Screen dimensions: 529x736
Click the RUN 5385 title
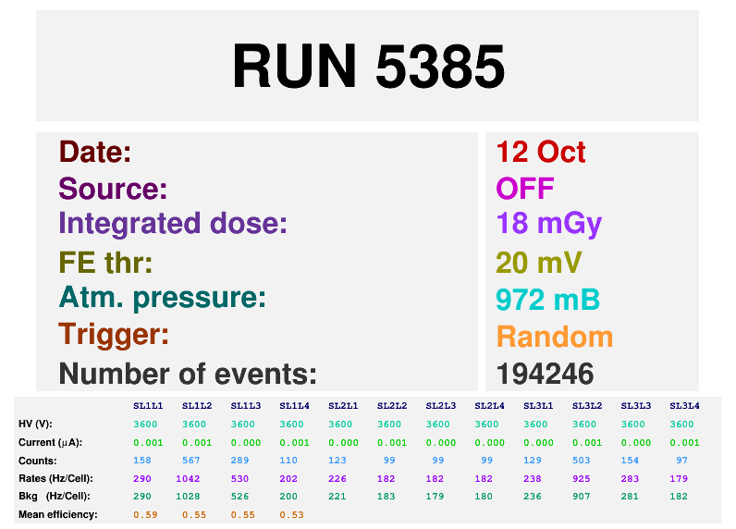[368, 67]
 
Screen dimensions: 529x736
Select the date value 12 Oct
[541, 152]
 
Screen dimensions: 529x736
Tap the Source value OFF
[524, 189]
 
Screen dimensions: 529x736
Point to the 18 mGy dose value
[548, 224]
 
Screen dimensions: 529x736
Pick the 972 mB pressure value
[547, 299]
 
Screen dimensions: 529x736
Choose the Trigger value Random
[554, 336]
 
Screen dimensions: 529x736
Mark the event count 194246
[545, 374]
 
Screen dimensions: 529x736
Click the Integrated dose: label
[173, 224]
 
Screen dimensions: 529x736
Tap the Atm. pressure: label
[163, 298]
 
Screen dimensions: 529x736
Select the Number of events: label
[188, 374]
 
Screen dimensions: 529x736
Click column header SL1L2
[197, 406]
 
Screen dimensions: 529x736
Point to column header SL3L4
[684, 406]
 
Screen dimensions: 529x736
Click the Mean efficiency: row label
[57, 514]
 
